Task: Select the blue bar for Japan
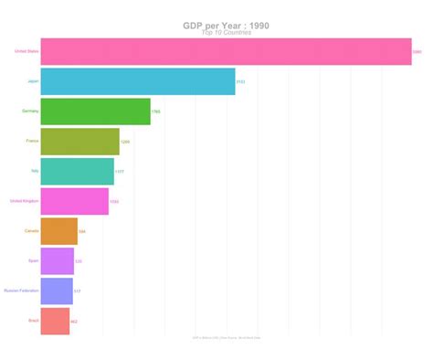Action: tap(138, 81)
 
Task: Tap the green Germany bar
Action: tap(95, 111)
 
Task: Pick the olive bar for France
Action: tap(79, 142)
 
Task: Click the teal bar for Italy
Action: tap(77, 171)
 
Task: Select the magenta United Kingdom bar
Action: tap(74, 201)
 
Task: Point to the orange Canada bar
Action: tap(58, 231)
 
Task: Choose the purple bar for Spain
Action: tap(57, 261)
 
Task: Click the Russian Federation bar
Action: tap(57, 291)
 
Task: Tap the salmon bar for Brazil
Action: tap(55, 322)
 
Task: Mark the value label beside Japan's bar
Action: tap(240, 82)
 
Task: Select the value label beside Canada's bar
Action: tap(82, 232)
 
